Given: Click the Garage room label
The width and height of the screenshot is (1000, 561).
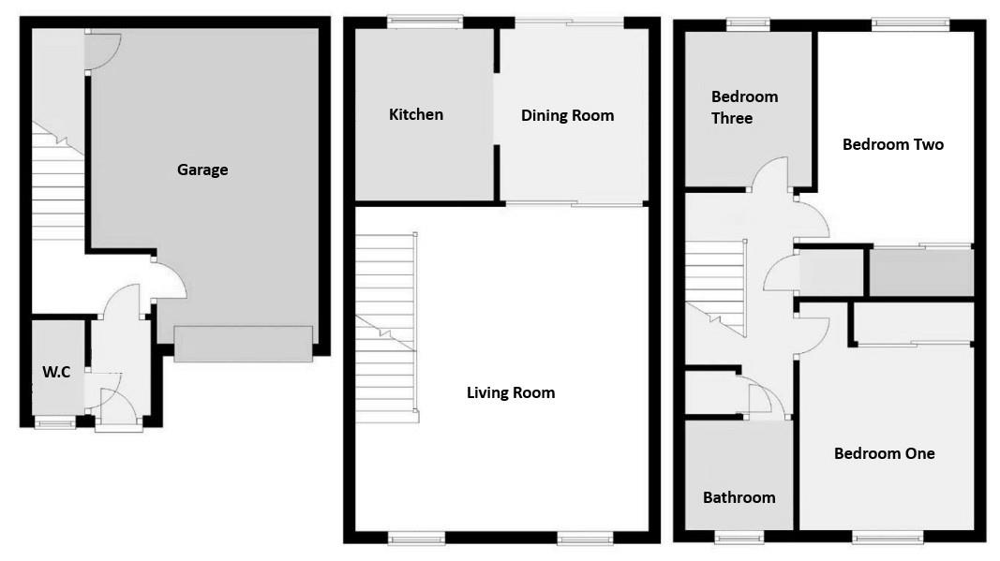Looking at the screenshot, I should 202,170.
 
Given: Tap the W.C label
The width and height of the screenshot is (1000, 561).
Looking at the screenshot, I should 56,372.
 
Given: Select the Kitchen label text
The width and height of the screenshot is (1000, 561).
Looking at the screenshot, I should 416,114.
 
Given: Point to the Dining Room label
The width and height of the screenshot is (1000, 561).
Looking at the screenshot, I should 567,115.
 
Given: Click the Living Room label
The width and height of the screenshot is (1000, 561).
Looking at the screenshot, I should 511,392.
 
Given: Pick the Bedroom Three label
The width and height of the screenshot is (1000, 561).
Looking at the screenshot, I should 744,107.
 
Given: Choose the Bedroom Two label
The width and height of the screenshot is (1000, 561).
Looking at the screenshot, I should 892,144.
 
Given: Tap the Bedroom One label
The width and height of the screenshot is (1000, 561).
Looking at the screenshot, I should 884,453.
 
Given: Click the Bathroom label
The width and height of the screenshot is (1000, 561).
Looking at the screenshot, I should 739,497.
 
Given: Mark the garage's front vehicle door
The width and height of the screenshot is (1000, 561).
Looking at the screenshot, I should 243,344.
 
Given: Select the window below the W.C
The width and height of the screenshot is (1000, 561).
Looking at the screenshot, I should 55,423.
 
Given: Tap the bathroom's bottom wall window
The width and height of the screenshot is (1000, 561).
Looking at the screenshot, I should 739,537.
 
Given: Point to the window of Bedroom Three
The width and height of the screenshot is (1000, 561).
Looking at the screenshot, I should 747,23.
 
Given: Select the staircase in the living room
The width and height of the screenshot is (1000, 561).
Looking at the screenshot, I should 386,323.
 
